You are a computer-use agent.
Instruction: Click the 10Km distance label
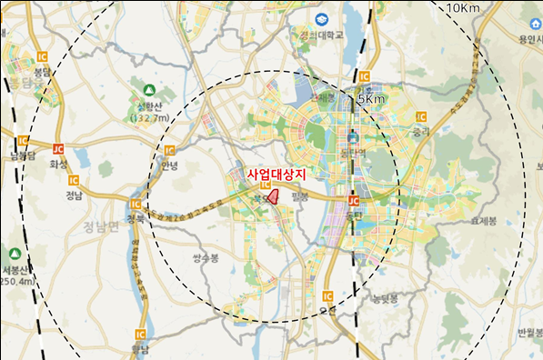click(x=463, y=8)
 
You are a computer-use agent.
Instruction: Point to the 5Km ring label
click(x=370, y=98)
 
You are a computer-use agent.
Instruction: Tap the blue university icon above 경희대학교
click(x=322, y=19)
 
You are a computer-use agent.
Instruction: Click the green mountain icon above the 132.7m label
click(x=149, y=91)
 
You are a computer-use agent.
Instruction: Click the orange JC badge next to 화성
click(x=58, y=148)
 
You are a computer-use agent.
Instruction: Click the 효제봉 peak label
click(x=483, y=221)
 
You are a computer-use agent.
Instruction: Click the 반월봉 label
click(x=528, y=335)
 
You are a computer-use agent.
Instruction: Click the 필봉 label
click(x=301, y=196)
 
